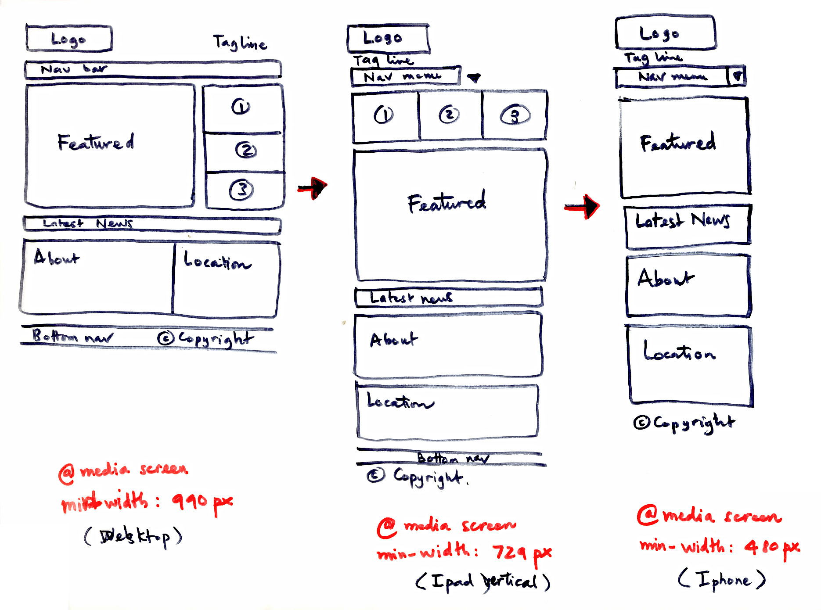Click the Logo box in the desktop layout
tap(69, 39)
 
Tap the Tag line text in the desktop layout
tap(240, 43)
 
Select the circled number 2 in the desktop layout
tap(246, 150)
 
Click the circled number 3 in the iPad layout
tap(515, 115)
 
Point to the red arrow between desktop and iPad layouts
tap(313, 188)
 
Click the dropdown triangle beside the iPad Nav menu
tap(473, 78)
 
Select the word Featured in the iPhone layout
tap(678, 142)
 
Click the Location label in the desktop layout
tap(217, 262)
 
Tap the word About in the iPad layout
tap(393, 340)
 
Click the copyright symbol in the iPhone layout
tap(641, 422)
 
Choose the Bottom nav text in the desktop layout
tap(72, 337)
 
